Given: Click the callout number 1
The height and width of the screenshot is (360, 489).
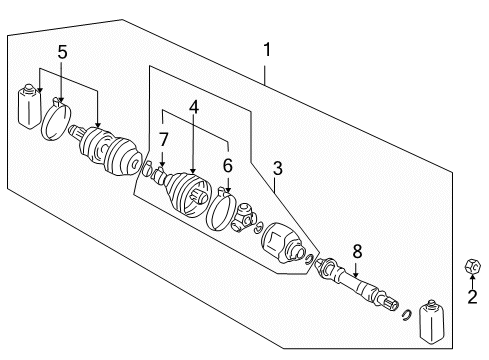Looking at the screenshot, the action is pyautogui.click(x=267, y=50).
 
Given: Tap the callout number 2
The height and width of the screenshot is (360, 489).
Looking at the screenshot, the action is pyautogui.click(x=472, y=296).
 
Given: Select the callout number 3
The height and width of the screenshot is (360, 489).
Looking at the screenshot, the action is pyautogui.click(x=277, y=168).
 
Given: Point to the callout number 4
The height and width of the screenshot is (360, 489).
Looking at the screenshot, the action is pyautogui.click(x=194, y=107).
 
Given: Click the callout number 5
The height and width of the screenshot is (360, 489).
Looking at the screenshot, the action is pyautogui.click(x=62, y=52).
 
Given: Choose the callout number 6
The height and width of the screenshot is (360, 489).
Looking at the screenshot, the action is pyautogui.click(x=228, y=166).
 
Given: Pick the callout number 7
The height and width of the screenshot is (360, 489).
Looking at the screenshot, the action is pyautogui.click(x=163, y=140).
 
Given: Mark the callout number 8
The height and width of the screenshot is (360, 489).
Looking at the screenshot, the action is pyautogui.click(x=357, y=252).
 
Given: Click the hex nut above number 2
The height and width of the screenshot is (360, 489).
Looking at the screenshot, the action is pyautogui.click(x=473, y=266).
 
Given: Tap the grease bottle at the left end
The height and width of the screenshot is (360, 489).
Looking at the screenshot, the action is pyautogui.click(x=29, y=106).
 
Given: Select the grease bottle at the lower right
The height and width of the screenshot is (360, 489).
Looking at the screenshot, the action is pyautogui.click(x=431, y=321).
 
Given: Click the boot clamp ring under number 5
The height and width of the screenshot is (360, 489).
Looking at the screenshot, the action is pyautogui.click(x=56, y=119).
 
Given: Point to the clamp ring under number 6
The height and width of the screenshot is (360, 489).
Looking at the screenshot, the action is pyautogui.click(x=221, y=209).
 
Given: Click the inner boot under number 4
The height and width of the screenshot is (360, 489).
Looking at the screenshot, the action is pyautogui.click(x=188, y=195).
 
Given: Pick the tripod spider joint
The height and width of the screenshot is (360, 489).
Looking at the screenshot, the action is pyautogui.click(x=244, y=218).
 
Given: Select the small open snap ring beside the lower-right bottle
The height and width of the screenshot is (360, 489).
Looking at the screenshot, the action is pyautogui.click(x=407, y=315).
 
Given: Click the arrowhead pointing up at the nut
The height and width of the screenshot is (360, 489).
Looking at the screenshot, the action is pyautogui.click(x=472, y=276).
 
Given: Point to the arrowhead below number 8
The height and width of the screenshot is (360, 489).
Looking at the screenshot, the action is pyautogui.click(x=356, y=274).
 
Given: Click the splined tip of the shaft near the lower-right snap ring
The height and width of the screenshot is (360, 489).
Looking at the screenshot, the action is pyautogui.click(x=391, y=304).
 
